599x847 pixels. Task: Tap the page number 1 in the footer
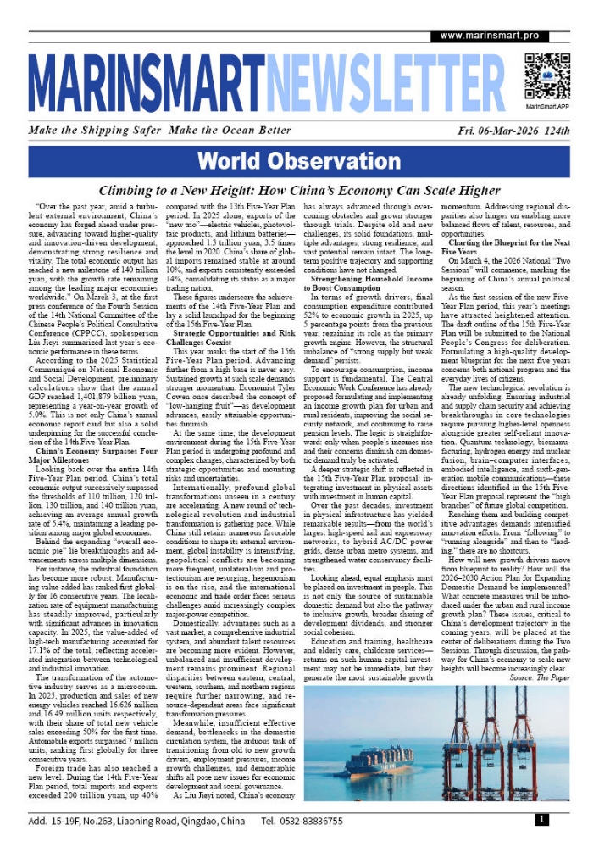[x=541, y=820]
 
